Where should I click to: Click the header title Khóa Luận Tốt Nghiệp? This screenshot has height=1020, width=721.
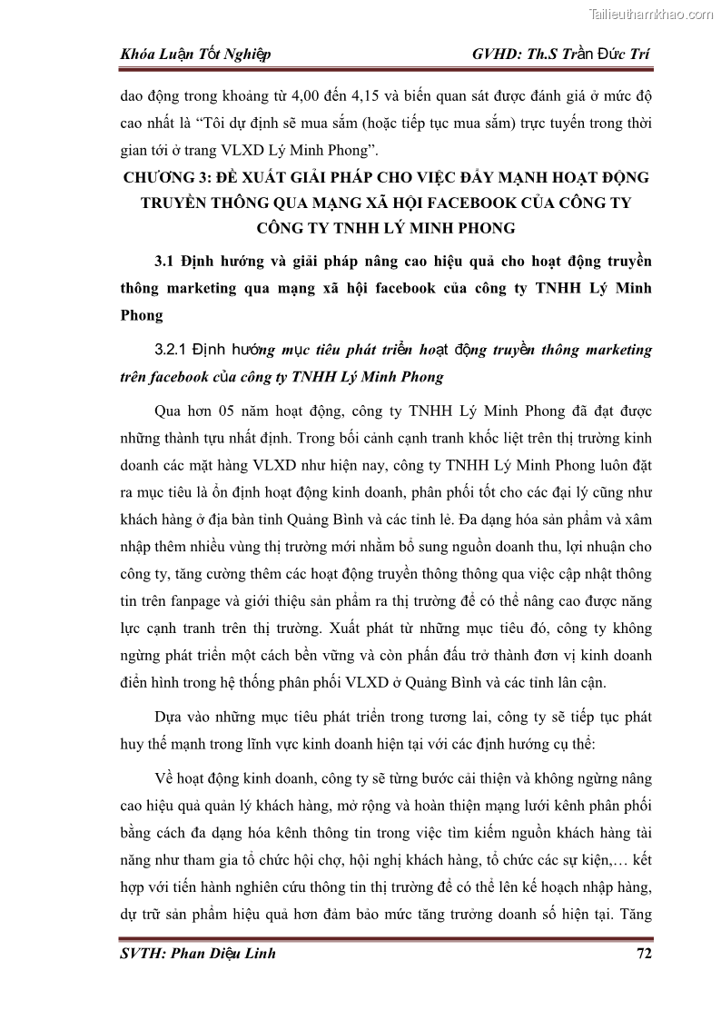[195, 54]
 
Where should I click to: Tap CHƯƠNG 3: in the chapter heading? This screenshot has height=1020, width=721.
[173, 176]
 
